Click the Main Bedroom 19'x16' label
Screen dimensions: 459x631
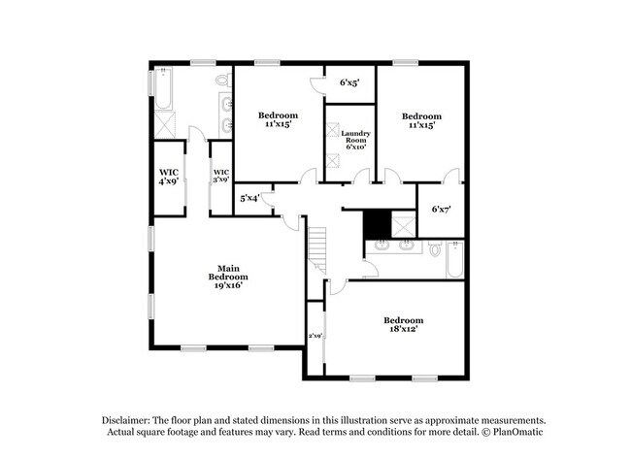click(228, 277)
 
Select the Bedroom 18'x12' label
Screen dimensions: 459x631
click(403, 326)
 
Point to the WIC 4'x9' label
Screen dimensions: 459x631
click(168, 176)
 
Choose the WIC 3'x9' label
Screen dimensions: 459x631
click(220, 176)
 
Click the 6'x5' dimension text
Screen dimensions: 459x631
click(349, 83)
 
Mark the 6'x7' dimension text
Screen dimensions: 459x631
click(442, 209)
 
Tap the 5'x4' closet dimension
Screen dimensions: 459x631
click(249, 199)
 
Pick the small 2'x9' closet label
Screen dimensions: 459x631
click(315, 336)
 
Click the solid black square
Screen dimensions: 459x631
click(377, 223)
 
